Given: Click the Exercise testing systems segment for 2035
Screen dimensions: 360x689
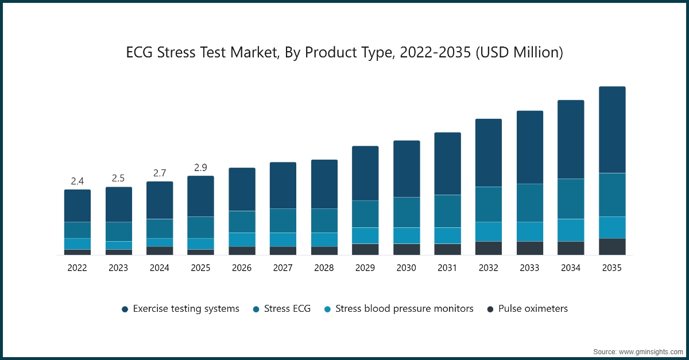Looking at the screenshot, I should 612,130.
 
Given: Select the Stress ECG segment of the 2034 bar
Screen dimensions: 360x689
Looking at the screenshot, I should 571,199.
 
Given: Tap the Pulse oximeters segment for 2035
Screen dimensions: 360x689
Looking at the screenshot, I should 612,246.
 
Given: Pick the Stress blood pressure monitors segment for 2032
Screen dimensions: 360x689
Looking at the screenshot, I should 489,231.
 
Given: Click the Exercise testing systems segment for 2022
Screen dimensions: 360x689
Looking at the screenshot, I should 78,206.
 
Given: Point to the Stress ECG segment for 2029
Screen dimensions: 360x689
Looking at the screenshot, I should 365,214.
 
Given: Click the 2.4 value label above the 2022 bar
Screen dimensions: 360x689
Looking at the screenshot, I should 78,181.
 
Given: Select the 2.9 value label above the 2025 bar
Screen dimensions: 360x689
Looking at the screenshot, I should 201,168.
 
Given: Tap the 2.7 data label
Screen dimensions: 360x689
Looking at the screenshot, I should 160,173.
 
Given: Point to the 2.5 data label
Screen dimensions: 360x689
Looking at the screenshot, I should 119,178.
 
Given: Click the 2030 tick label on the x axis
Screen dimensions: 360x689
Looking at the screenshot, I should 407,268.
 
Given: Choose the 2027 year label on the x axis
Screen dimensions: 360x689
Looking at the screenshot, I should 283,268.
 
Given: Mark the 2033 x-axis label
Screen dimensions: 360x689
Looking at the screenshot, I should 530,268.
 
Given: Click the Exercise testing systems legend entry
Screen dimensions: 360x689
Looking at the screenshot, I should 185,309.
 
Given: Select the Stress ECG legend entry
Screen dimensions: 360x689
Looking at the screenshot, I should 287,309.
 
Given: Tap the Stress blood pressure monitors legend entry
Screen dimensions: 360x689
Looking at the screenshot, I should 404,309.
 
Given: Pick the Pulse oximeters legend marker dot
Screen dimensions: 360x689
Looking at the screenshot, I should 490,309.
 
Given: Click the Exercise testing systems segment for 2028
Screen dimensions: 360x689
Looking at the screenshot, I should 324,184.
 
